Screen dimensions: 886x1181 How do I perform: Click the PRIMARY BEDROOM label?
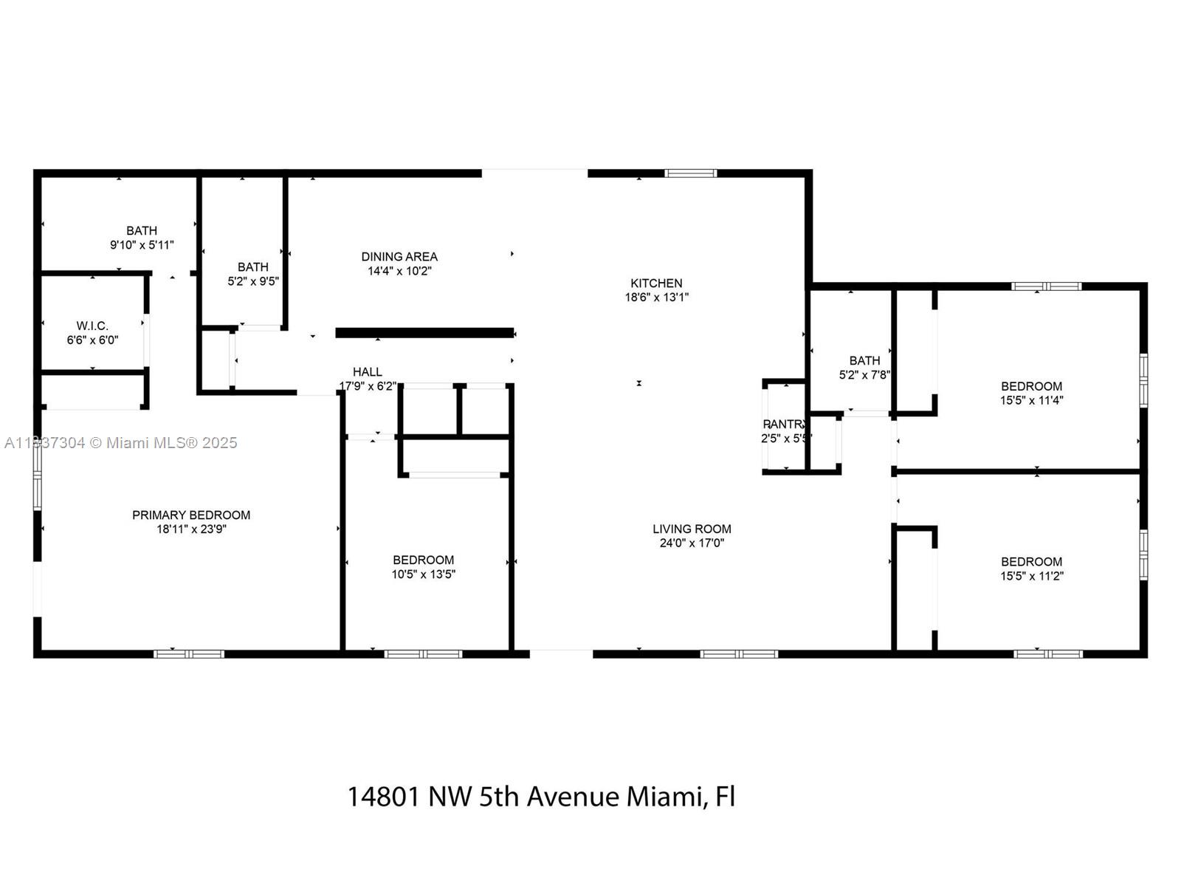pos(191,515)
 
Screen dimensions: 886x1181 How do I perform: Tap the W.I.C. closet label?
pos(92,326)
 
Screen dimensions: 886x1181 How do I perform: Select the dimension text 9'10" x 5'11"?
pos(142,245)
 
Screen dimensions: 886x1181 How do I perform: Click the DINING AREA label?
pos(399,256)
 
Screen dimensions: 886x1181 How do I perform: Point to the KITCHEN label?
pos(656,283)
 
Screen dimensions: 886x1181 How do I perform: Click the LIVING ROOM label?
pos(692,529)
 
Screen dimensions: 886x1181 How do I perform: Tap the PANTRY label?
pos(785,424)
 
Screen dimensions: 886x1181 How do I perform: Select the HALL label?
pos(367,371)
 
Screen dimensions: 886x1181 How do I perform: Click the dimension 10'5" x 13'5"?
pos(423,574)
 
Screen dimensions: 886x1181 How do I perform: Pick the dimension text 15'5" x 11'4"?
pos(1031,400)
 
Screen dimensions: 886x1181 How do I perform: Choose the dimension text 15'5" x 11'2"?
pos(1031,576)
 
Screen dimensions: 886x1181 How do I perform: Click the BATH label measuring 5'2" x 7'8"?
pos(864,360)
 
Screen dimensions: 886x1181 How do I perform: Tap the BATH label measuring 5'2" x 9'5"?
pos(252,267)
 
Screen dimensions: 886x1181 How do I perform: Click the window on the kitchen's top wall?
pos(690,174)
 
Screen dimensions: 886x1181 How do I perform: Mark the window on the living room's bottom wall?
pos(739,654)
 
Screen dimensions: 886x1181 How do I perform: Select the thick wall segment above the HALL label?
pos(424,333)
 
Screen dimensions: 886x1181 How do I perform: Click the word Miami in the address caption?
pos(663,797)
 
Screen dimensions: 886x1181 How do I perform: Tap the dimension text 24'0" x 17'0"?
pos(692,543)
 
